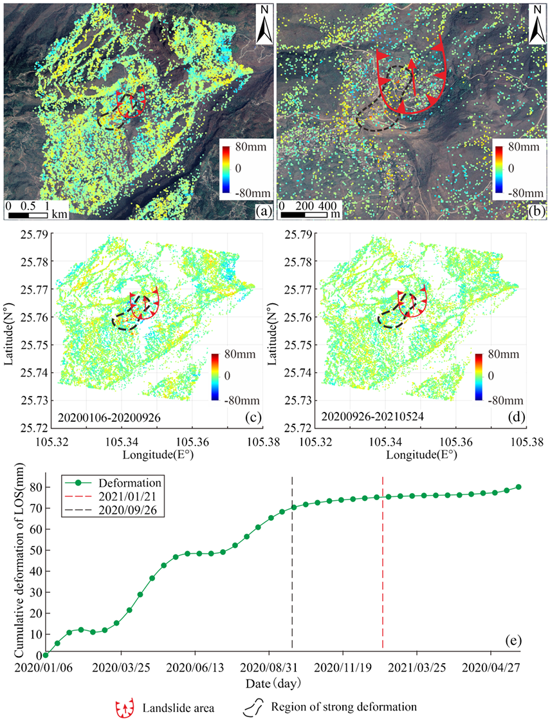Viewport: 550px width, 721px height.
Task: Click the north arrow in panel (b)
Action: tap(537, 24)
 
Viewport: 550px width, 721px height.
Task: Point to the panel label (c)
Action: tap(253, 417)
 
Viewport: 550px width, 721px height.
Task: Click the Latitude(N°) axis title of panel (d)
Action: tap(272, 331)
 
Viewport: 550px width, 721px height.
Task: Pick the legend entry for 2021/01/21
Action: tap(112, 496)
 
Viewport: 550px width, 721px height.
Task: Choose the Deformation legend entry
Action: tap(112, 483)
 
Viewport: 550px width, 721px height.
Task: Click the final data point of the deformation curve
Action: tap(518, 487)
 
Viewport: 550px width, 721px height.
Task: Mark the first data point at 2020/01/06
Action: tap(46, 655)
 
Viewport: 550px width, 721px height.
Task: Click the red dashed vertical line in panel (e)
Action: tap(383, 562)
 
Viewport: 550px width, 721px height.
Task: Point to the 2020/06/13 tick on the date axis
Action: tap(195, 667)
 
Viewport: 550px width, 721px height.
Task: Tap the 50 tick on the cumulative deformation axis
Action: tap(34, 550)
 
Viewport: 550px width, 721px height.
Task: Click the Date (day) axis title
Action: tap(273, 683)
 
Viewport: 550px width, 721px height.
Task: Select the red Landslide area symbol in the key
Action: tap(125, 708)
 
